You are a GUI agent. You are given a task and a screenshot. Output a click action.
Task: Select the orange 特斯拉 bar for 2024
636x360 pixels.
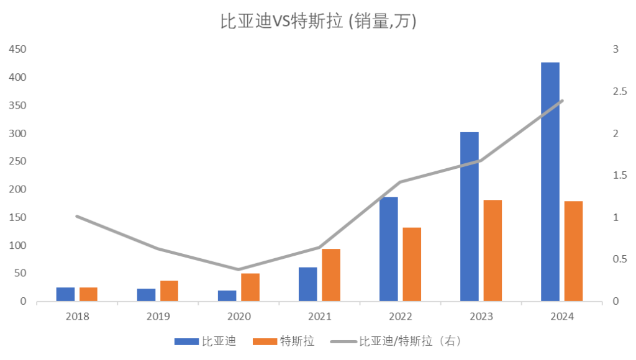coord(573,251)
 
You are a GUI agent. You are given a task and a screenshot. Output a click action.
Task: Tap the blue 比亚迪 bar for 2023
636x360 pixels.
coord(469,217)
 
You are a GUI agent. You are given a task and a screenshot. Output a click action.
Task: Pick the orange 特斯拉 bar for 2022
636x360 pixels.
coord(412,264)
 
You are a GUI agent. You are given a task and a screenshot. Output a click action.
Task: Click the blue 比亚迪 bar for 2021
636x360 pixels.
coord(307,284)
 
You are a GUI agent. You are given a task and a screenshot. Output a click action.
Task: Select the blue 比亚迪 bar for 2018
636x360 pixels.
coord(65,294)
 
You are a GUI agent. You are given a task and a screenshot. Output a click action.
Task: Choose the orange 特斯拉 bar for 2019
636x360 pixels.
coord(169,291)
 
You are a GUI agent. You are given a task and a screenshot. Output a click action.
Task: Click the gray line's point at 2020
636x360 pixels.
coord(238,269)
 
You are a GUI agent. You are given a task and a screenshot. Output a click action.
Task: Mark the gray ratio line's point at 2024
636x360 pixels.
coord(561,101)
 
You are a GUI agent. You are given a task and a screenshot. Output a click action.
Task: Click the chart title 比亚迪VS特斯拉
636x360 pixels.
coord(318,22)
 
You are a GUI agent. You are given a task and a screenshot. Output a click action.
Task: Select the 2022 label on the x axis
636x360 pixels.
coord(401,316)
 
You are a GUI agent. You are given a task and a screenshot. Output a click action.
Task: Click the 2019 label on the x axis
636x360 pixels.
coord(158,316)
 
